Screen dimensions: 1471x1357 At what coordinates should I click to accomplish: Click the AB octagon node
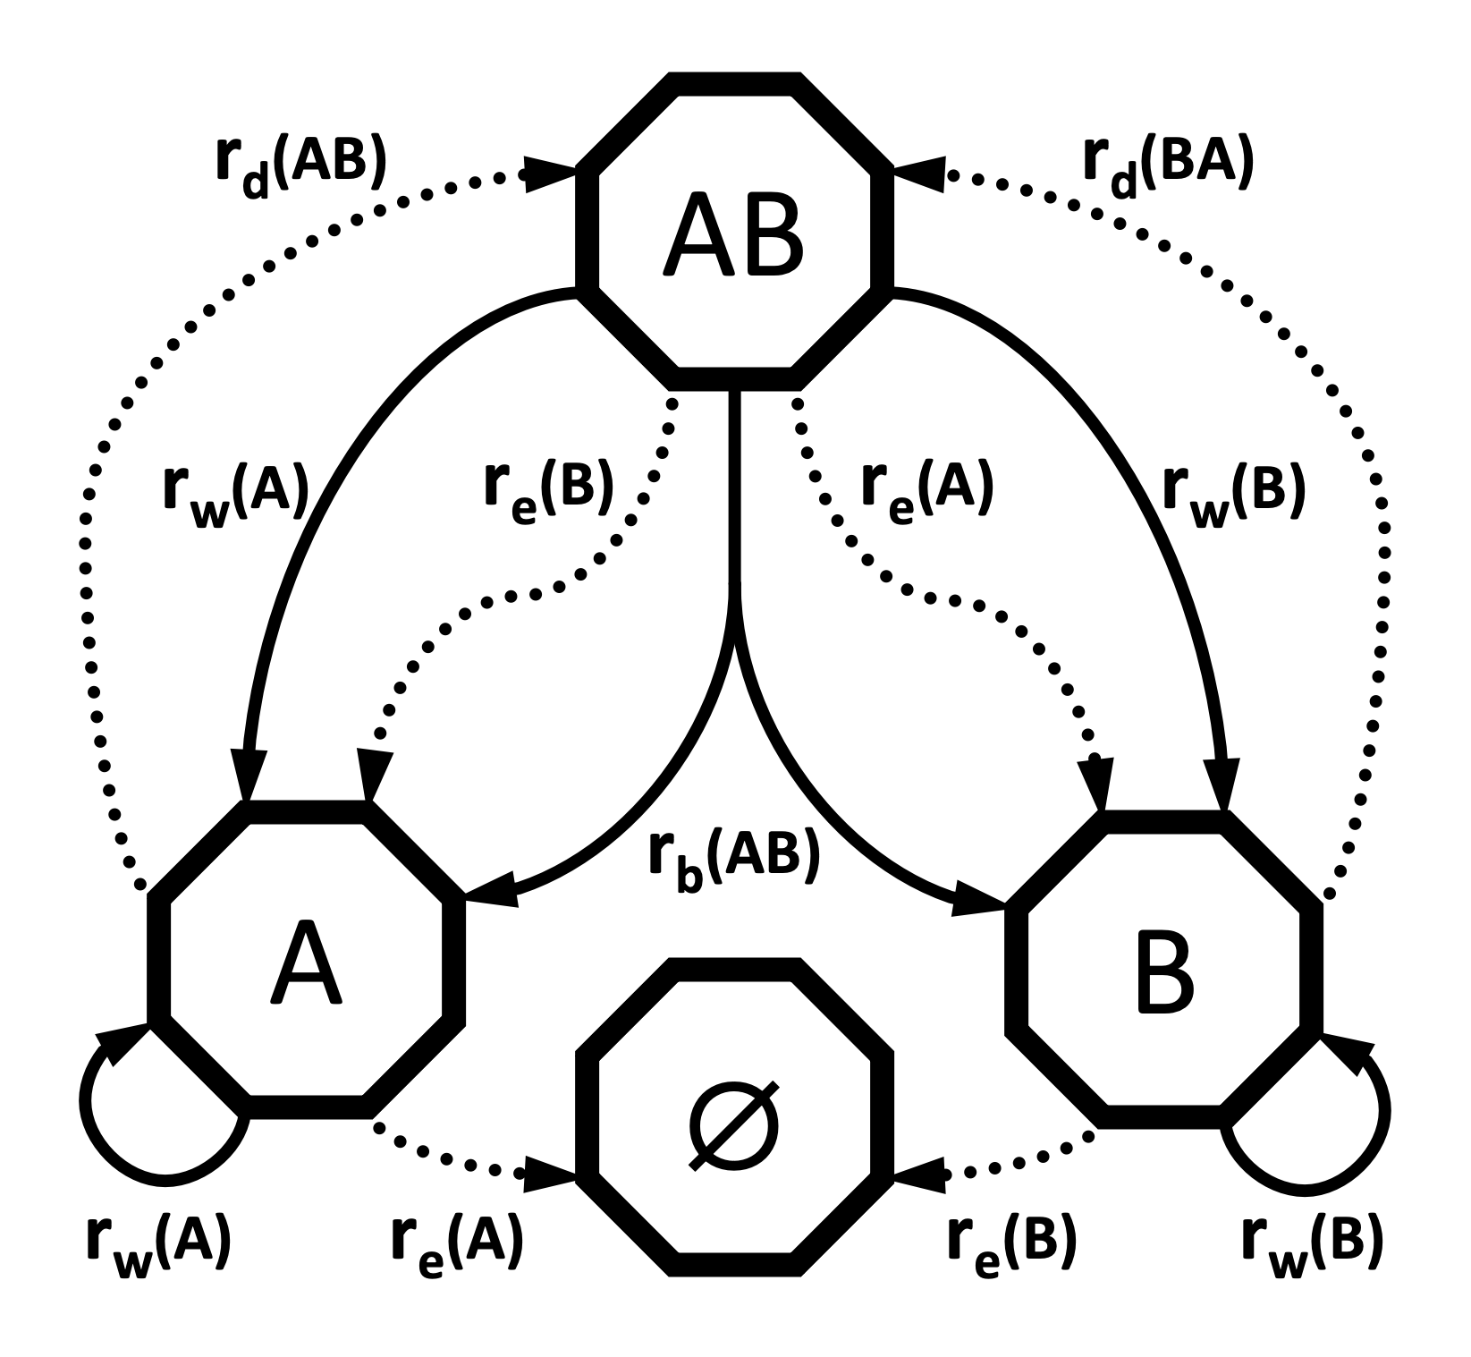(x=733, y=231)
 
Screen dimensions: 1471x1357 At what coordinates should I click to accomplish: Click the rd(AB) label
(x=300, y=165)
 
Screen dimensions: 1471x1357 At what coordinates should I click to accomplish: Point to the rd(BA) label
(x=1168, y=165)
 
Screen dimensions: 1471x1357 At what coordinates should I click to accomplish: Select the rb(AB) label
(x=733, y=861)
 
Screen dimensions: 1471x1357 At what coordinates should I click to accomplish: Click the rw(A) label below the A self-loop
(x=159, y=1244)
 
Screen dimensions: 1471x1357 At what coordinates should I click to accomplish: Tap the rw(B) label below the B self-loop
(x=1313, y=1244)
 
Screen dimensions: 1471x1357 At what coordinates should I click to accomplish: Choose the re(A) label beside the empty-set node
(x=457, y=1244)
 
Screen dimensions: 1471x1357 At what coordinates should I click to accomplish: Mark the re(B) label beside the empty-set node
(x=1012, y=1244)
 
